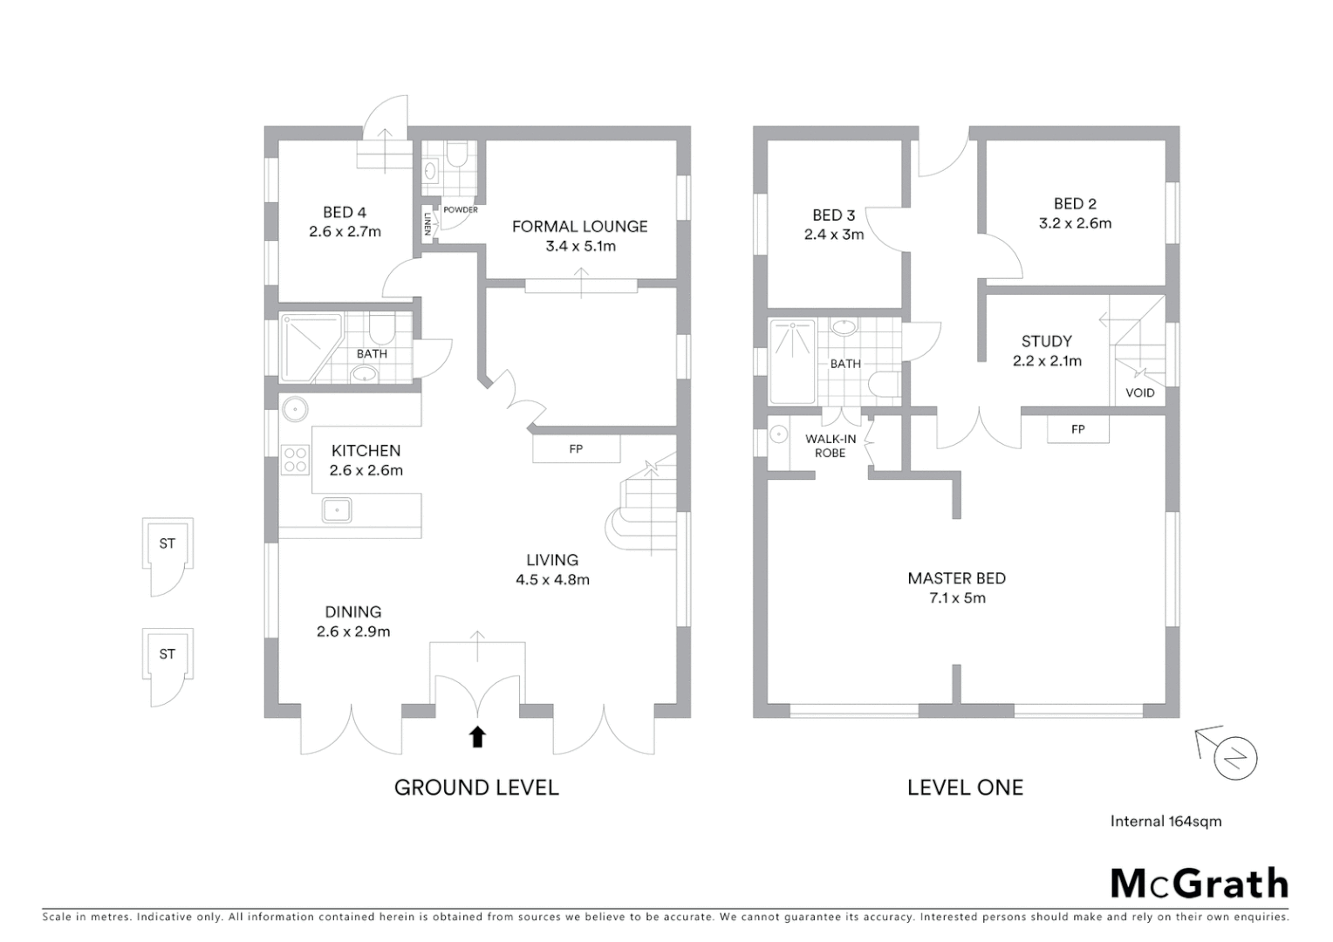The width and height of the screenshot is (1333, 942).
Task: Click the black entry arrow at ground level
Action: [x=477, y=737]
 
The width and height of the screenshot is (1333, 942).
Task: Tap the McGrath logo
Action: [x=1199, y=884]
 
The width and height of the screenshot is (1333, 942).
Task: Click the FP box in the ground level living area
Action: [x=576, y=449]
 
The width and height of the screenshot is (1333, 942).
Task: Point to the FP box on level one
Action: [x=1078, y=429]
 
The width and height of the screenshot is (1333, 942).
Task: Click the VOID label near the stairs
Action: [x=1139, y=392]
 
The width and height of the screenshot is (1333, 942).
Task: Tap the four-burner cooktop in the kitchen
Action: [x=295, y=460]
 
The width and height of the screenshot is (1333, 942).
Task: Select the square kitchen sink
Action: [x=336, y=509]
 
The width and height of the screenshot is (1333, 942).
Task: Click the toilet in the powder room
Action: [x=456, y=156]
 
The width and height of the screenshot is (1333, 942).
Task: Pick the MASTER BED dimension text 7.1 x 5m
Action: [x=956, y=598]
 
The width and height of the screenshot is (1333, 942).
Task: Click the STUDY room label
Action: [x=1046, y=341]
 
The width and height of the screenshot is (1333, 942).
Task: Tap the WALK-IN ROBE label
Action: [x=831, y=446]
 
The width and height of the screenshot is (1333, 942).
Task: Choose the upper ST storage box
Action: [x=167, y=544]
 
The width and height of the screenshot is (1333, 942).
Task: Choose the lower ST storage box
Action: [x=167, y=654]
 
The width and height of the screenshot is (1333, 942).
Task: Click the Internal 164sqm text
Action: [x=1166, y=821]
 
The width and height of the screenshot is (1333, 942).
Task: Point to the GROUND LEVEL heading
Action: [x=476, y=788]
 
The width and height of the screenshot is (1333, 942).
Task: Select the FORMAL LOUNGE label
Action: [x=579, y=227]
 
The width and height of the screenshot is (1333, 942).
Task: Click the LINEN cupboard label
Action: [x=427, y=225]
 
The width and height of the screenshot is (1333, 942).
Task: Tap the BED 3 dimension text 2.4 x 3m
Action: [x=833, y=235]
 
